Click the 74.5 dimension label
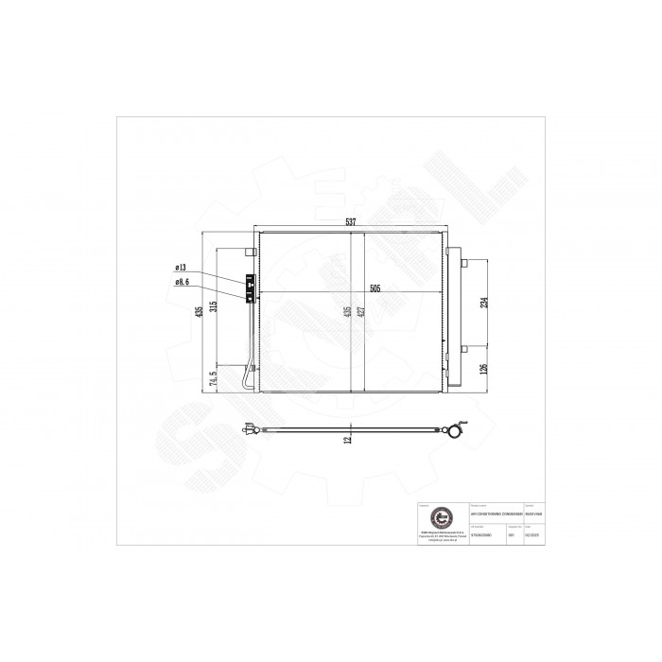216,380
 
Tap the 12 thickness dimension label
348,438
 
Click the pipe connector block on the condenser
251,286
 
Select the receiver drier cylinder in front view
454,318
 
